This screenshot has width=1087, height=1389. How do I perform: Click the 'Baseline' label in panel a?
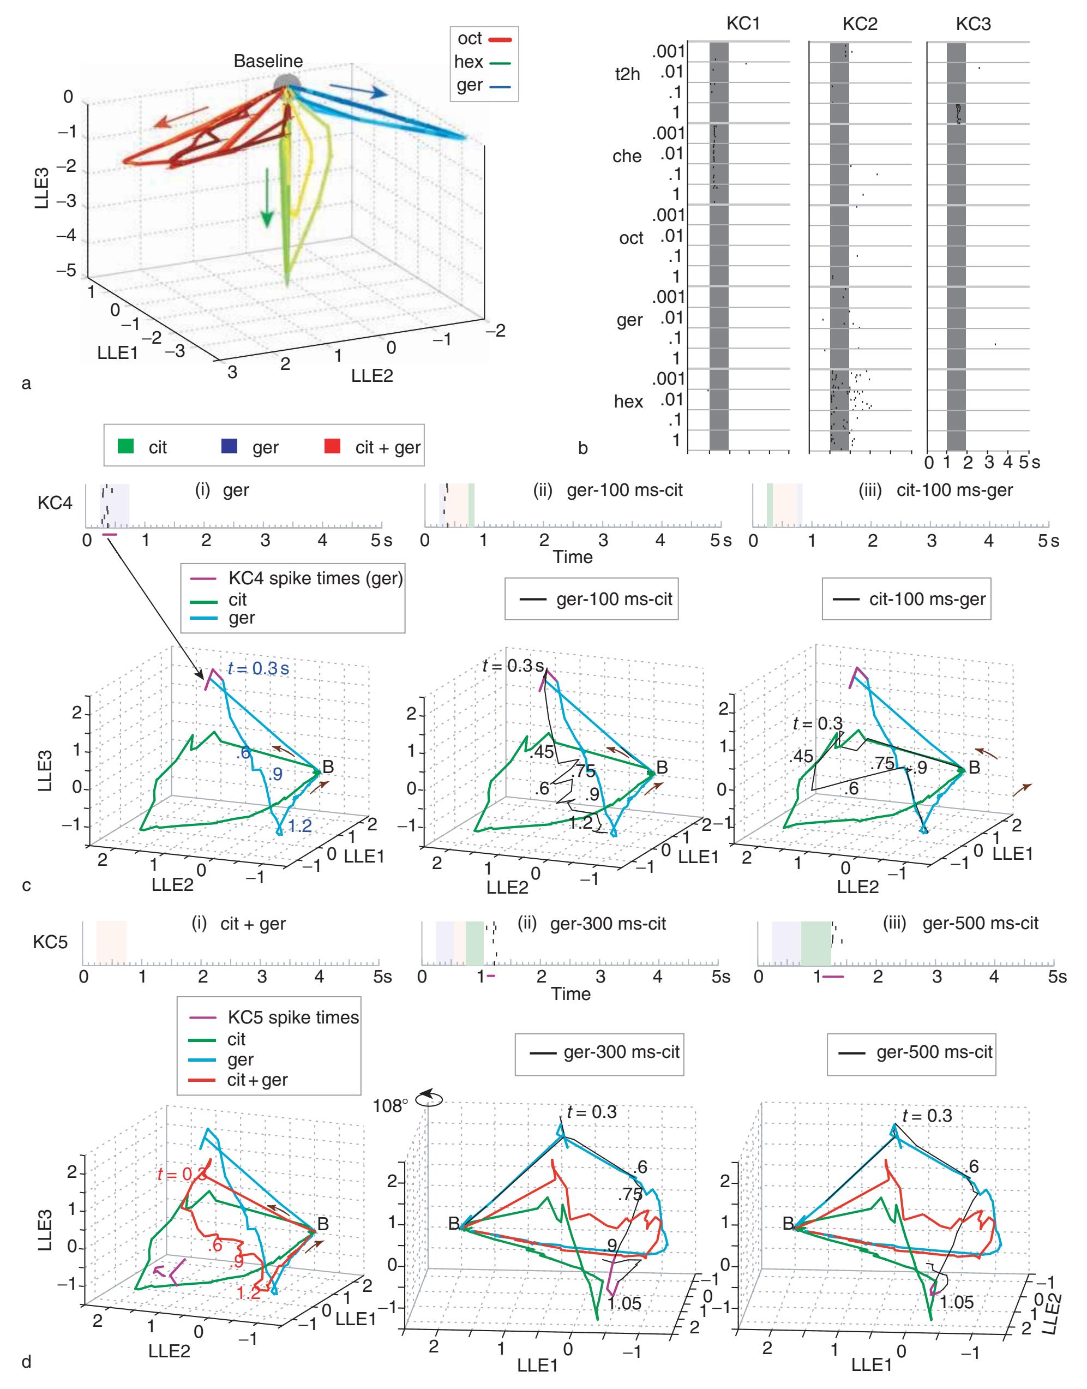268,61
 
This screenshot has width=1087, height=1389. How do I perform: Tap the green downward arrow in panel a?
267,197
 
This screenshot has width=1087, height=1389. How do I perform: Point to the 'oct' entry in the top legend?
470,39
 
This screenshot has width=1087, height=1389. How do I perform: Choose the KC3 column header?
973,23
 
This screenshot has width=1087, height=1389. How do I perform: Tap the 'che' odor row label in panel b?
627,157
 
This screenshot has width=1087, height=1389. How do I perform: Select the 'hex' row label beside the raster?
628,402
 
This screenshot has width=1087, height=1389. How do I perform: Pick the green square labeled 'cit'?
127,447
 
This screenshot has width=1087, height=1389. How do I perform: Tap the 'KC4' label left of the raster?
55,503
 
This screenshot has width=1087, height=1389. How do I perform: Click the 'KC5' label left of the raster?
50,942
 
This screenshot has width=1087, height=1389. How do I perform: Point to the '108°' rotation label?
391,1105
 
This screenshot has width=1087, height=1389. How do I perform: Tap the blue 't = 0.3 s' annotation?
258,669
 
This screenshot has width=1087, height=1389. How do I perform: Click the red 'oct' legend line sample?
500,39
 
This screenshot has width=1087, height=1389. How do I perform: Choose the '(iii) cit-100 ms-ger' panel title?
954,490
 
